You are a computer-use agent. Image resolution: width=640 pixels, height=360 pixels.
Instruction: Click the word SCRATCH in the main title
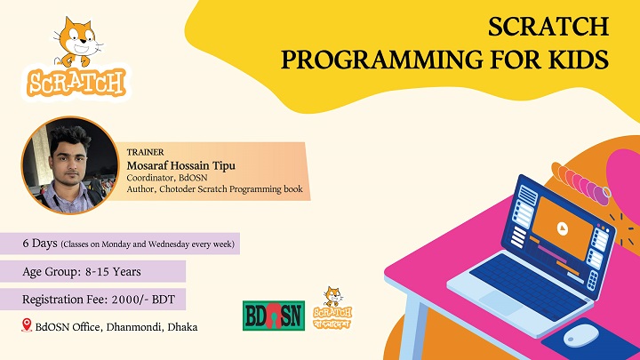[x=548, y=27]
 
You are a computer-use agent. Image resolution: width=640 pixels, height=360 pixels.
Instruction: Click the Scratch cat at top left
[x=77, y=42]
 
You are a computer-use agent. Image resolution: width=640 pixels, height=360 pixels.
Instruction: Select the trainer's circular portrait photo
[x=70, y=165]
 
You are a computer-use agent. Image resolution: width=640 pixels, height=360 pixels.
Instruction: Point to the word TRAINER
[x=145, y=152]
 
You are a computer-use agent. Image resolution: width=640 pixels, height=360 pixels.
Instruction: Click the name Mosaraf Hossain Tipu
[x=180, y=165]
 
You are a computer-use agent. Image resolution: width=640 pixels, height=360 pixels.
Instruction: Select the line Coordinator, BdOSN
[x=167, y=178]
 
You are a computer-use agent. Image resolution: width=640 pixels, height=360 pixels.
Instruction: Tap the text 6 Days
[x=40, y=244]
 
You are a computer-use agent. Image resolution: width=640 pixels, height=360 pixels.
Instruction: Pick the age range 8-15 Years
[x=113, y=272]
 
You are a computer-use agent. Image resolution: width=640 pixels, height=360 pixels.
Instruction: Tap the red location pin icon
[x=27, y=325]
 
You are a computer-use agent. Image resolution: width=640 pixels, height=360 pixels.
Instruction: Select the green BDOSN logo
[x=274, y=316]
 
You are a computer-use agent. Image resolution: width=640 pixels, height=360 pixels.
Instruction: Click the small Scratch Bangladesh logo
[x=332, y=308]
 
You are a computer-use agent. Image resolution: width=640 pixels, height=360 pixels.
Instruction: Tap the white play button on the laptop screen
[x=563, y=228]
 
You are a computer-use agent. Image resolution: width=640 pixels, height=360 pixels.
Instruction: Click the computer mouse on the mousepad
[x=581, y=335]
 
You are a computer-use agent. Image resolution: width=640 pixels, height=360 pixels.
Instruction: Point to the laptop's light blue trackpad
[x=500, y=302]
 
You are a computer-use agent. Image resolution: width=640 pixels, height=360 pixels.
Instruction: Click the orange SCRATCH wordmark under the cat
[x=76, y=83]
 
